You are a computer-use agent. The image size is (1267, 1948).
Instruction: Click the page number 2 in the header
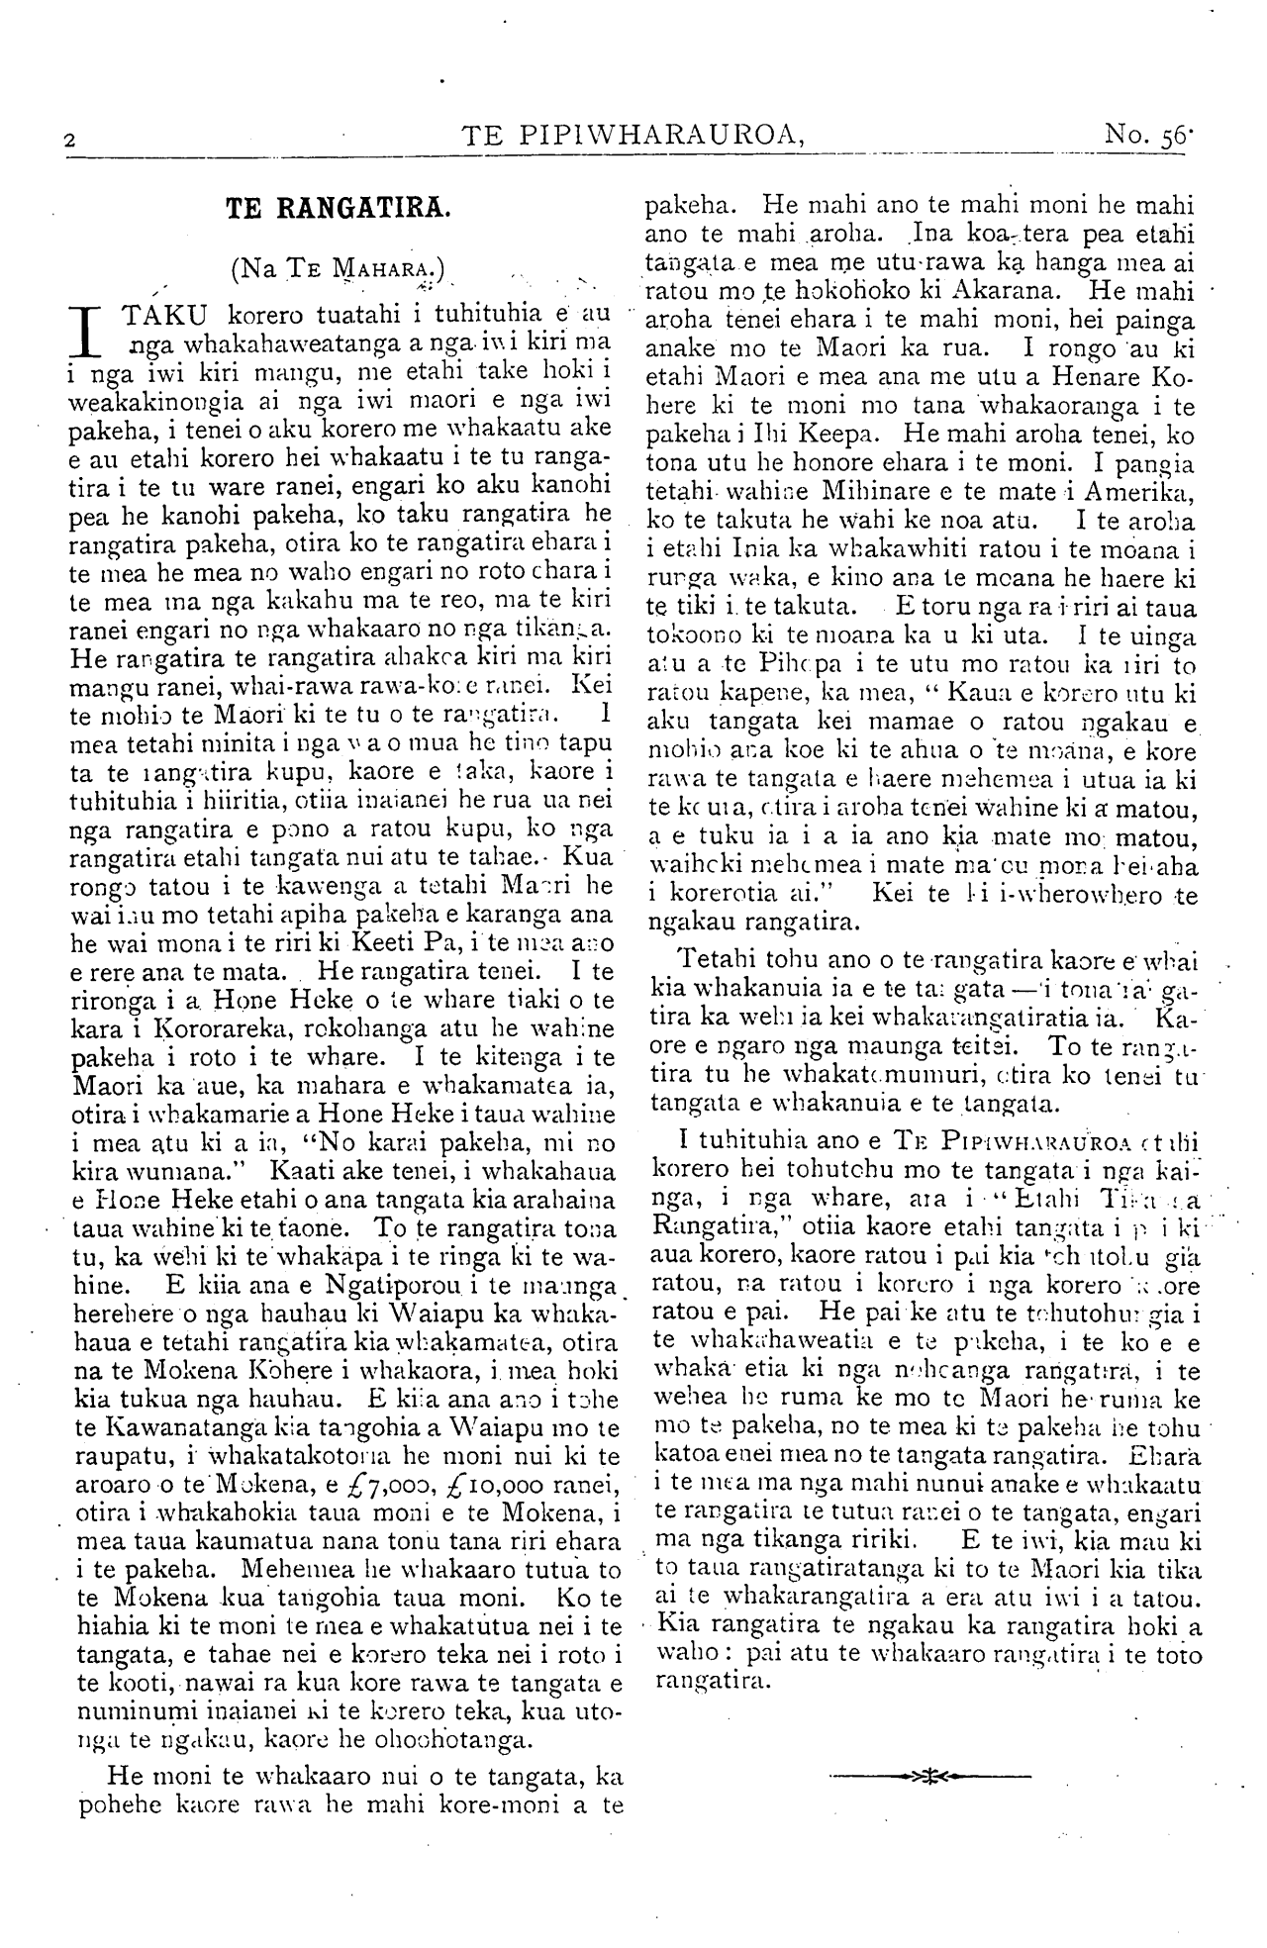click(68, 140)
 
